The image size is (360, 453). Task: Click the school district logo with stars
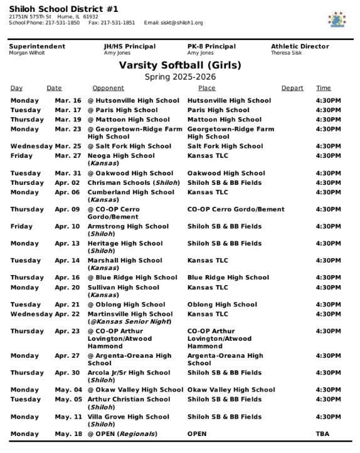pyautogui.click(x=337, y=19)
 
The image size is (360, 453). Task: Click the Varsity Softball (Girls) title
pyautogui.click(x=180, y=65)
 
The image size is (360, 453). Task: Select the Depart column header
pyautogui.click(x=292, y=88)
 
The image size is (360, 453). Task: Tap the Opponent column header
pyautogui.click(x=108, y=88)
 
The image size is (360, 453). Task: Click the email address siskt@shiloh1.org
pyautogui.click(x=183, y=23)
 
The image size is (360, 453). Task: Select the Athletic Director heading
pyautogui.click(x=300, y=46)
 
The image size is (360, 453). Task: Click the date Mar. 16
pyautogui.click(x=68, y=101)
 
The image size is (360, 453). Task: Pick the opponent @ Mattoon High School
pyautogui.click(x=129, y=120)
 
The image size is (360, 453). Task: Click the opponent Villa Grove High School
pyautogui.click(x=129, y=417)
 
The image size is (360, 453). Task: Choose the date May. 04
pyautogui.click(x=68, y=390)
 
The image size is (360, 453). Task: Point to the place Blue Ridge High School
pyautogui.click(x=228, y=278)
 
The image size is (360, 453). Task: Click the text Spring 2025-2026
pyautogui.click(x=180, y=76)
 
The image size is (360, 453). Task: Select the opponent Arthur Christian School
pyautogui.click(x=129, y=399)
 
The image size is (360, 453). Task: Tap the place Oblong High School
pyautogui.click(x=222, y=305)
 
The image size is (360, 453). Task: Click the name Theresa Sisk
pyautogui.click(x=285, y=53)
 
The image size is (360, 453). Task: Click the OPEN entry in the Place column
pyautogui.click(x=197, y=434)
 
